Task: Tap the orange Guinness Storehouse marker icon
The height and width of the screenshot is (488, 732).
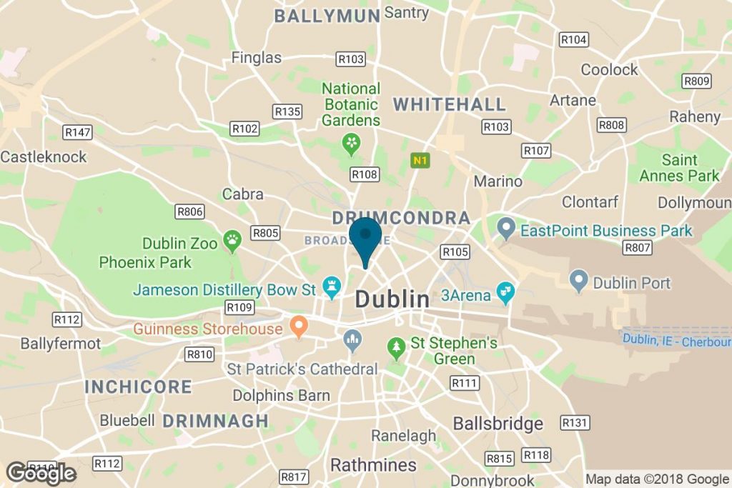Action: (x=298, y=328)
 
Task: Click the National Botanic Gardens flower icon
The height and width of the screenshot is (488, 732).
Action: (x=351, y=143)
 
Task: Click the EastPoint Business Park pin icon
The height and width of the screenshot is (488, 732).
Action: (x=506, y=230)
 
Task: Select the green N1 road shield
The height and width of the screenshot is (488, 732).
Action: (x=420, y=161)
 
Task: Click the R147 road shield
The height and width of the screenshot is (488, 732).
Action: (x=78, y=132)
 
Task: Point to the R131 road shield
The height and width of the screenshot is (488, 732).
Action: (x=575, y=422)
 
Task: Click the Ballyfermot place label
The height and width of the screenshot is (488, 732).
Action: (x=61, y=344)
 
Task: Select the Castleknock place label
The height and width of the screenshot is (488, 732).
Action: (x=44, y=156)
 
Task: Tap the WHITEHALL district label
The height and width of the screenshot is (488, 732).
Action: (x=450, y=104)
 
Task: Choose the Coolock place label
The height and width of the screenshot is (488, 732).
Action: (x=609, y=69)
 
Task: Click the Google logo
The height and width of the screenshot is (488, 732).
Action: (x=41, y=472)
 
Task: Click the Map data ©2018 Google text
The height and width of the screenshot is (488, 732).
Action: (x=657, y=479)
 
